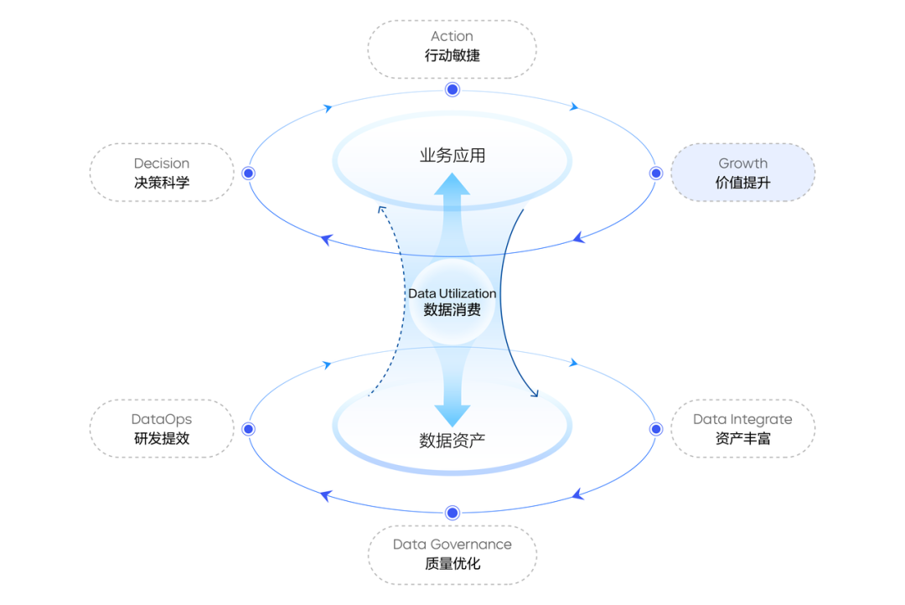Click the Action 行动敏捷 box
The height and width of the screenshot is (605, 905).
[452, 49]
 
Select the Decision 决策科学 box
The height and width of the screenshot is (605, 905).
[162, 173]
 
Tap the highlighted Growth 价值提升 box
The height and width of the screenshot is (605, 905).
[742, 173]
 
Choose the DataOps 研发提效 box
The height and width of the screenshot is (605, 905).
[162, 428]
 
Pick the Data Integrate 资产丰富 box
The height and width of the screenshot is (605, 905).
[742, 428]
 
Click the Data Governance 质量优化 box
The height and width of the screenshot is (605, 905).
[452, 555]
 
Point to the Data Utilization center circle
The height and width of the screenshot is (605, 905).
[452, 302]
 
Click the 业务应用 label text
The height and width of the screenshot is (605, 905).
[452, 155]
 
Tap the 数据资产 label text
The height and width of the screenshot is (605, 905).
[452, 441]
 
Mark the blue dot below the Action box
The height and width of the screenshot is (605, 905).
[452, 90]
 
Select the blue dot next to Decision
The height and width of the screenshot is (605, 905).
[248, 173]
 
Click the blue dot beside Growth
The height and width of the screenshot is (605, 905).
[655, 173]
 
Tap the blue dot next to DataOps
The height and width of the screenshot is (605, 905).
[248, 429]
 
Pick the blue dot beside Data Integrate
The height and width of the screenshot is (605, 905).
[655, 429]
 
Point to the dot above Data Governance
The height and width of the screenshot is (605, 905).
[452, 513]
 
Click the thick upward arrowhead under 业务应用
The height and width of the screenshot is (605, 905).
[452, 184]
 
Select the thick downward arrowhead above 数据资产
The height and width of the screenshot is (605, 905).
[452, 416]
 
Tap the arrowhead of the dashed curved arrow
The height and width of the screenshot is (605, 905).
[381, 209]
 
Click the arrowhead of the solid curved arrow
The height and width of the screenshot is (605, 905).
[535, 394]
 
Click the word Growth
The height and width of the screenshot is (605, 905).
[742, 163]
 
